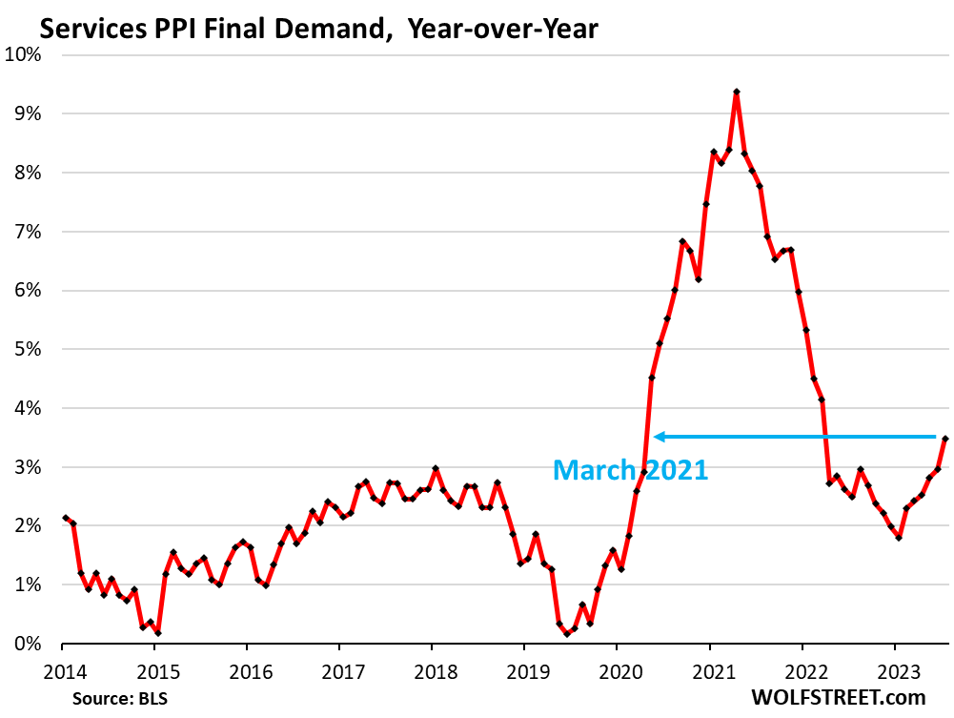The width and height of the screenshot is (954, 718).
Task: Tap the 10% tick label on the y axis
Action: tap(25, 54)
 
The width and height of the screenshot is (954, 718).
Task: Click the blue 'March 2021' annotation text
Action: tap(630, 469)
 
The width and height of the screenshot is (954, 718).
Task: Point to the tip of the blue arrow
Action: tap(655, 437)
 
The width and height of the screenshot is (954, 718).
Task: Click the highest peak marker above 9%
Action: tap(737, 92)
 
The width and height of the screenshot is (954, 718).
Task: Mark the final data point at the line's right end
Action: tap(944, 439)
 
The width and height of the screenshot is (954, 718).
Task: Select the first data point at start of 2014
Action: tap(66, 518)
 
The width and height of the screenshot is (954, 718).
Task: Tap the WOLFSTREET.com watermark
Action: tap(839, 699)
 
